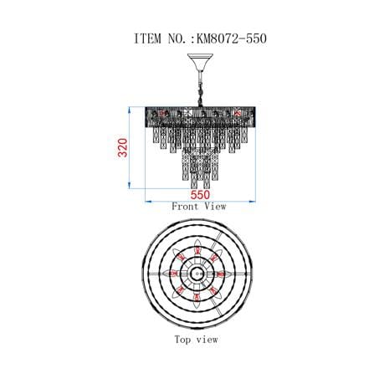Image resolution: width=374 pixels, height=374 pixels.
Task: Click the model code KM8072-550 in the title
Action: [x=232, y=38]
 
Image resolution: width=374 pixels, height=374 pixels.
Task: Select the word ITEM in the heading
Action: [x=148, y=38]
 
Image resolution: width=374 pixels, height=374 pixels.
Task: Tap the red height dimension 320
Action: [x=123, y=147]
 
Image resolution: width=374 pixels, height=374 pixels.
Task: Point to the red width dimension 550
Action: [x=200, y=195]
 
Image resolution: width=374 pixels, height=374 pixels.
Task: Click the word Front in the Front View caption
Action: [x=185, y=207]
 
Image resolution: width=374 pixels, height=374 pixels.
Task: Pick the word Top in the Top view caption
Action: [x=183, y=340]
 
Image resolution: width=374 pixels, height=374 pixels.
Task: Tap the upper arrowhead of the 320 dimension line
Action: [x=129, y=110]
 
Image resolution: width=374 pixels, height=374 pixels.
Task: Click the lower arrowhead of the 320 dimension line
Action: [x=129, y=186]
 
